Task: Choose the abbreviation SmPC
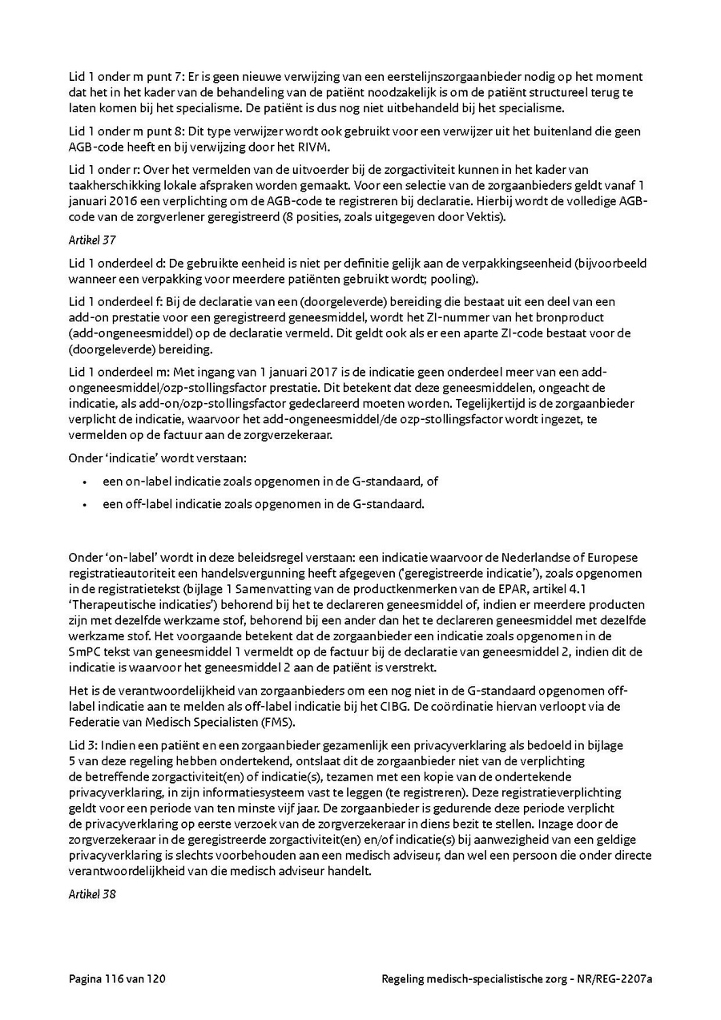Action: coord(85,651)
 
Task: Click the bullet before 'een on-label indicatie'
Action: coord(84,482)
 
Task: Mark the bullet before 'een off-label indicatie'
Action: coord(84,505)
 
